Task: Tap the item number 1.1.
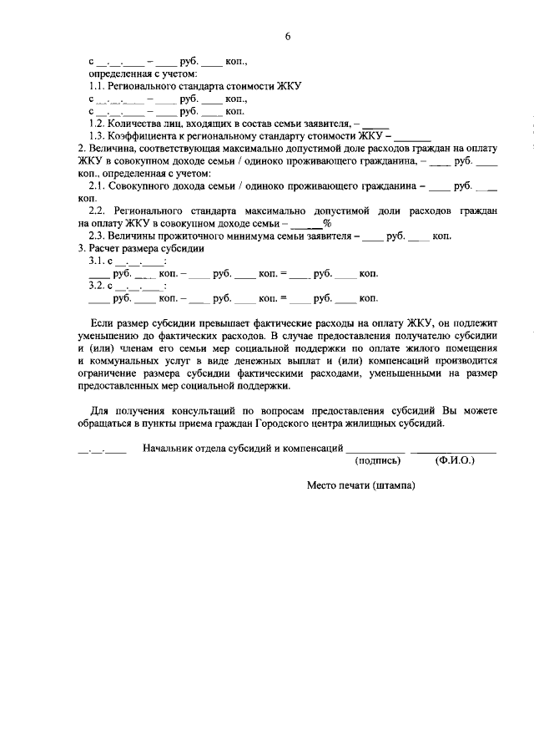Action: point(98,86)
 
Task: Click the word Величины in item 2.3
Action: point(136,236)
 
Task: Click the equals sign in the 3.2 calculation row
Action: point(283,298)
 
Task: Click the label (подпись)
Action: point(378,460)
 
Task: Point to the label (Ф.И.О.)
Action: point(455,460)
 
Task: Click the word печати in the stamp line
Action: point(355,485)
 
